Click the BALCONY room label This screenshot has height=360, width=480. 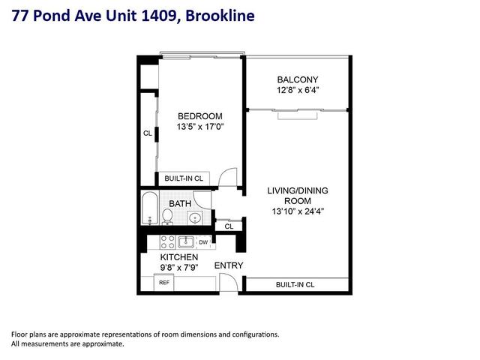click(298, 79)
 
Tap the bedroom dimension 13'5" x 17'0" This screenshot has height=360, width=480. click(200, 127)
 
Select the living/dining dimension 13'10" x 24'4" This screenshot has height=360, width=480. click(298, 211)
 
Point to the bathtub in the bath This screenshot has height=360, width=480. click(150, 208)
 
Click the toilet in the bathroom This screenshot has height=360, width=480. click(167, 217)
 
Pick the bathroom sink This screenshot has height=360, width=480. click(195, 218)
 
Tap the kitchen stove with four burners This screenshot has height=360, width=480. click(168, 241)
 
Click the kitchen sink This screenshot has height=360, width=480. click(185, 241)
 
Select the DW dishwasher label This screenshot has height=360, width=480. click(203, 242)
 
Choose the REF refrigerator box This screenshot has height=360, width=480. click(163, 283)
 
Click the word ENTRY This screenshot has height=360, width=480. click(229, 265)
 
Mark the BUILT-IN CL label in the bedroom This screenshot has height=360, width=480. click(184, 178)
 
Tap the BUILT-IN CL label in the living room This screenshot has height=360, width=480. click(295, 285)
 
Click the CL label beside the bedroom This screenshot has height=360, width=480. click(148, 133)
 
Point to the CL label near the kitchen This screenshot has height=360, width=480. click(229, 226)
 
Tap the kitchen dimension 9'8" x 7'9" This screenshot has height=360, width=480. click(179, 268)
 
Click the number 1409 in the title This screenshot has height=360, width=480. click(158, 16)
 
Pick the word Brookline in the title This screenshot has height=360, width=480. click(220, 16)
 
